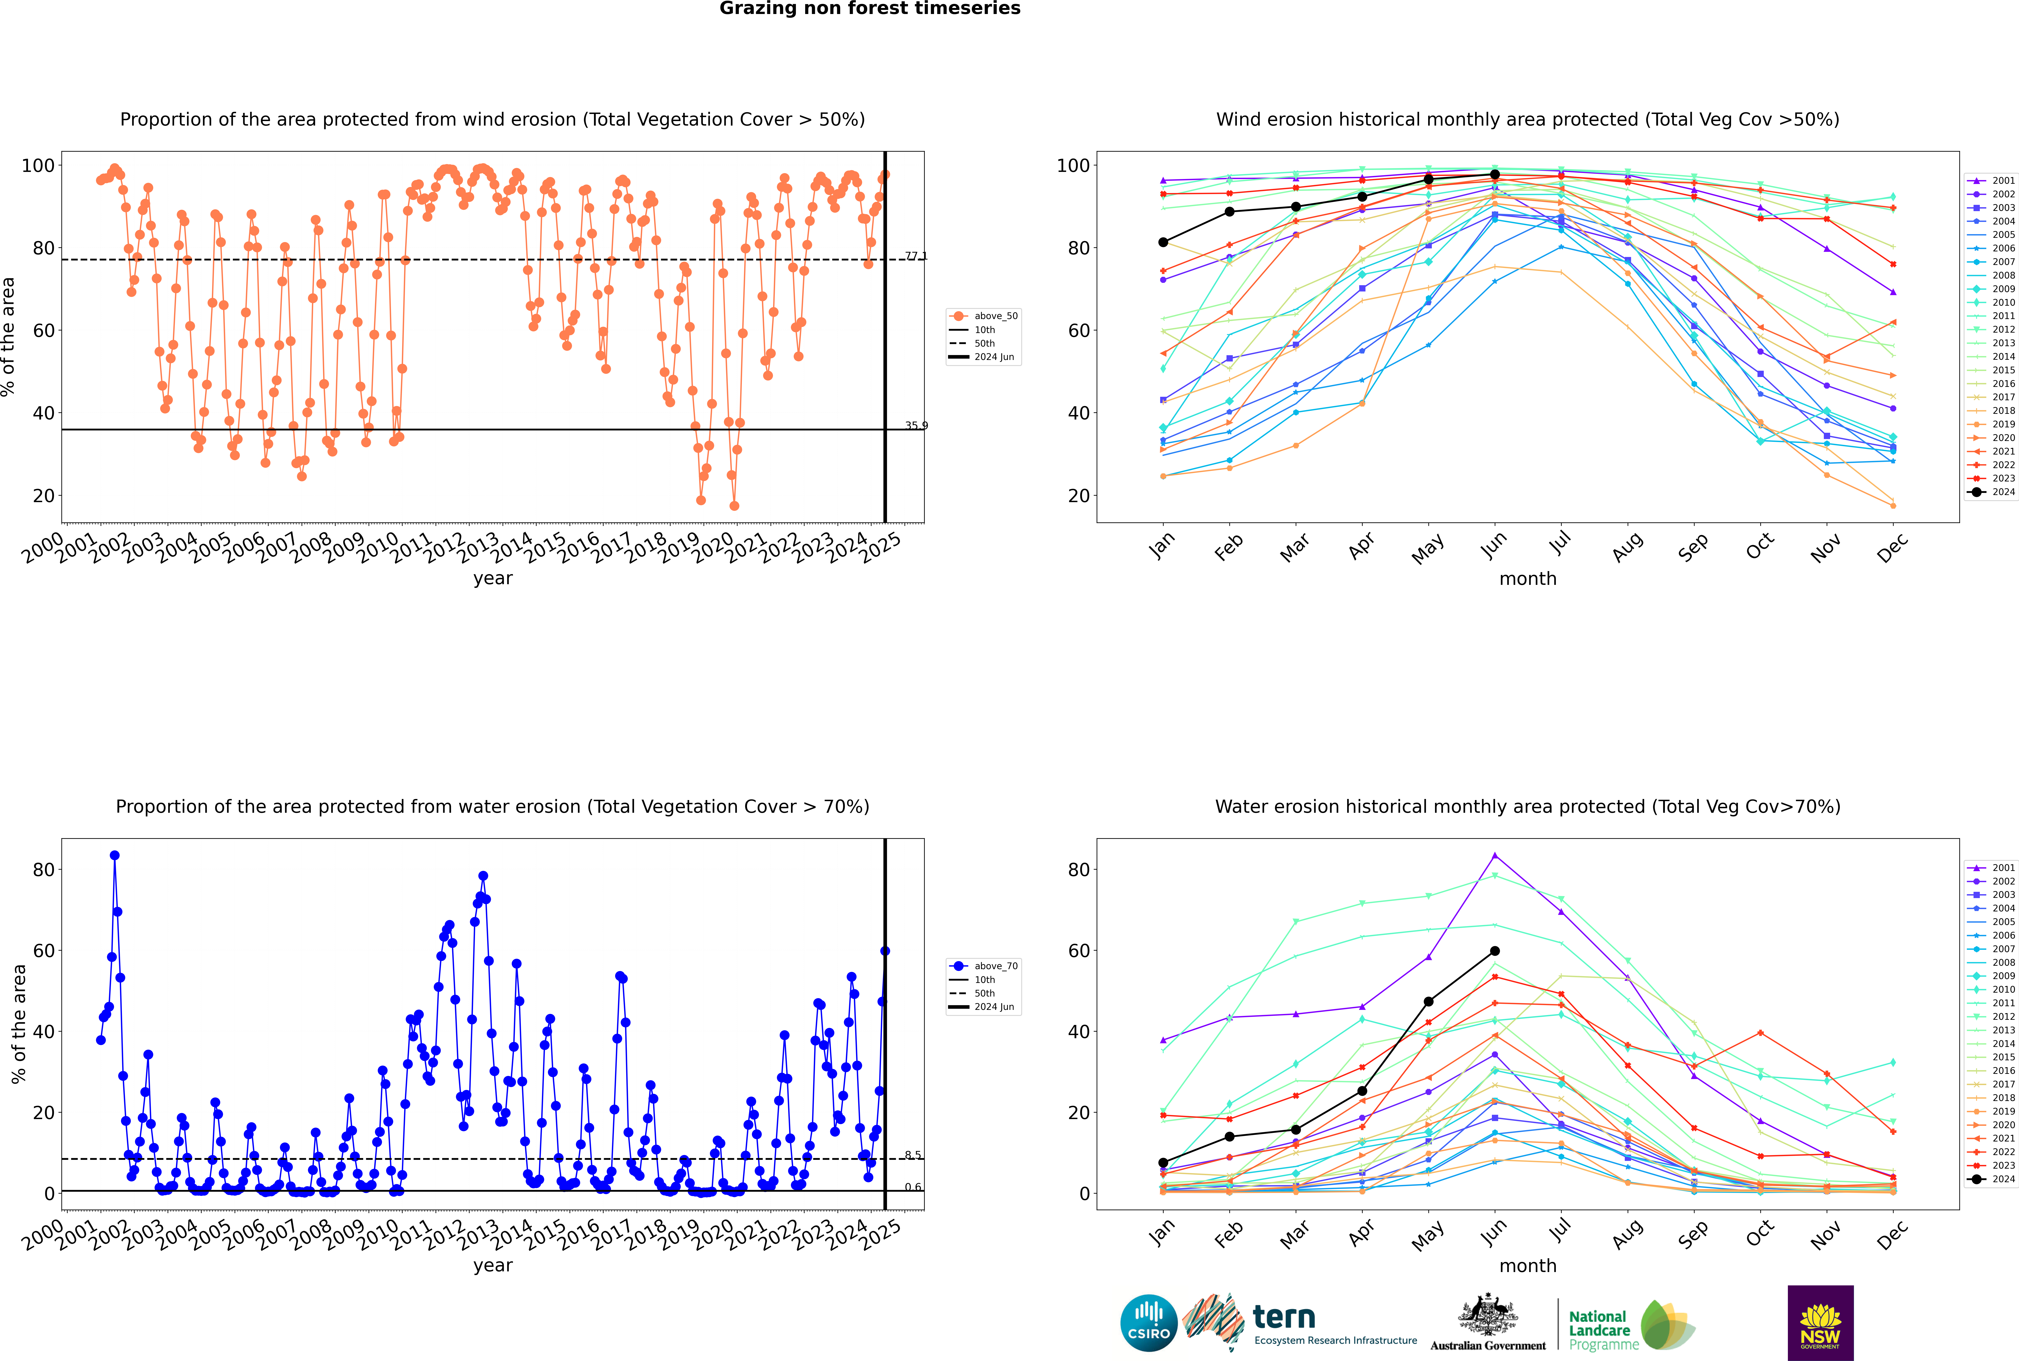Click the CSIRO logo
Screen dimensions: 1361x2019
pyautogui.click(x=1148, y=1323)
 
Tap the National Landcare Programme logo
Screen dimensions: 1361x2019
pyautogui.click(x=1630, y=1325)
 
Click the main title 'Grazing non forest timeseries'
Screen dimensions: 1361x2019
pyautogui.click(x=870, y=9)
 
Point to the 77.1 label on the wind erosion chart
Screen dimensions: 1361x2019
pyautogui.click(x=916, y=256)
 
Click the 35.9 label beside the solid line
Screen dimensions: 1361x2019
pyautogui.click(x=916, y=425)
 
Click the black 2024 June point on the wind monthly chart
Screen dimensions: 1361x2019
pyautogui.click(x=1495, y=174)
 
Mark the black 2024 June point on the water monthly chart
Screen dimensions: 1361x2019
pyautogui.click(x=1495, y=951)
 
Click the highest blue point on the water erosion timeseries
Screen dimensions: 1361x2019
pyautogui.click(x=115, y=856)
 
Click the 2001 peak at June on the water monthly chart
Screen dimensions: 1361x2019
pyautogui.click(x=1495, y=856)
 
